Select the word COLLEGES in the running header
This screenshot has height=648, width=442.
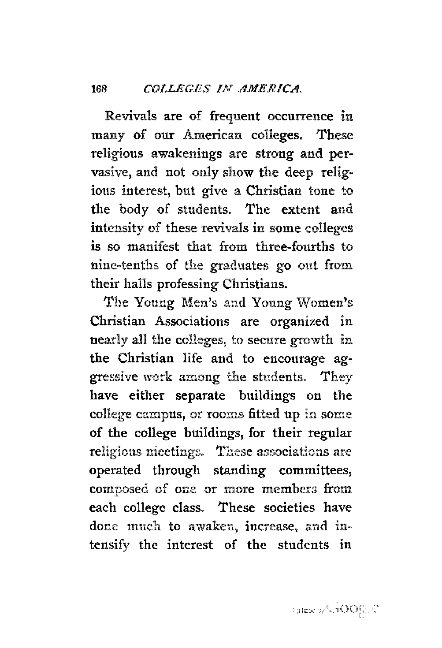pyautogui.click(x=170, y=88)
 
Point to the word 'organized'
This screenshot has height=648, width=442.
pyautogui.click(x=301, y=321)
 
